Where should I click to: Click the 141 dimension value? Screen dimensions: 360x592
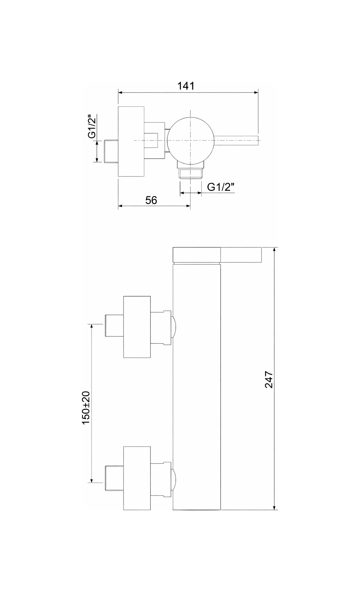pyautogui.click(x=186, y=86)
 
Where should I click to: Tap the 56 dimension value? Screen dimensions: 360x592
pyautogui.click(x=151, y=200)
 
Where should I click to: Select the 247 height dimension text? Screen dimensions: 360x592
pyautogui.click(x=269, y=379)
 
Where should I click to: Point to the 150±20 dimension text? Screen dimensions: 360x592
pyautogui.click(x=86, y=407)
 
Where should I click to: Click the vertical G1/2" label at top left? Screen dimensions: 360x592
pyautogui.click(x=93, y=126)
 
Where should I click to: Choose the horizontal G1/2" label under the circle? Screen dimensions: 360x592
pyautogui.click(x=221, y=187)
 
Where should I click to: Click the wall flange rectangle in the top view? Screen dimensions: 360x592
pyautogui.click(x=131, y=141)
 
